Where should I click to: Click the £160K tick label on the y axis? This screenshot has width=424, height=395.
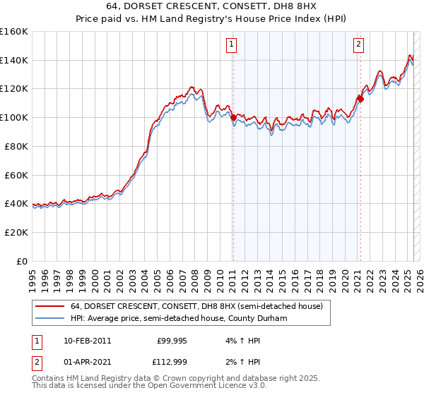[14, 32]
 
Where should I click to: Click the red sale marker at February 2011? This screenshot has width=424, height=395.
[233, 118]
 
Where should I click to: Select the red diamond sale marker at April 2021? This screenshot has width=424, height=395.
[360, 99]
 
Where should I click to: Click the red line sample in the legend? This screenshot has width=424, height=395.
[49, 307]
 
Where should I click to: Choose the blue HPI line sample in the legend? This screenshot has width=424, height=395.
[49, 317]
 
